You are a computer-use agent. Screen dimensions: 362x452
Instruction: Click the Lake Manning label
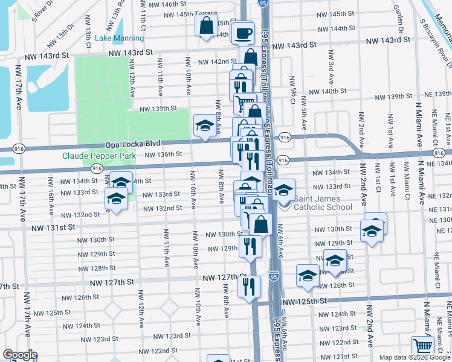(x=120, y=38)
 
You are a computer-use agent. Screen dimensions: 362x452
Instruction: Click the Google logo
(x=20, y=355)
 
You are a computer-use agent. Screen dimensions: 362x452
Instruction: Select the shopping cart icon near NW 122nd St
(x=422, y=347)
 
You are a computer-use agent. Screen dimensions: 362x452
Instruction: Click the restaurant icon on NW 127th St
(x=248, y=286)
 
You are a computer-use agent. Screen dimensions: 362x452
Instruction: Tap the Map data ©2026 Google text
(x=415, y=357)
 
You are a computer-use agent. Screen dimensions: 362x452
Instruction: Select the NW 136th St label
(x=162, y=154)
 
